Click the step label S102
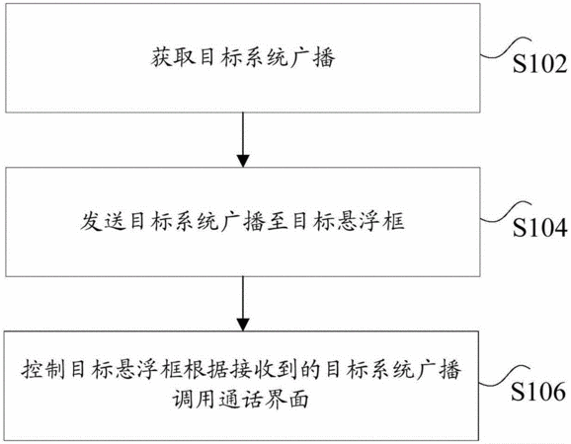[539, 63]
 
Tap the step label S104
[539, 228]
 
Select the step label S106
[538, 392]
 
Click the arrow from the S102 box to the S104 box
[243, 140]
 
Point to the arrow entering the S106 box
[243, 304]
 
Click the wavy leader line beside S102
[506, 49]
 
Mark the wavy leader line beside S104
[506, 213]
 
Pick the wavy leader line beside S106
[505, 376]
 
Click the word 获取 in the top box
[173, 57]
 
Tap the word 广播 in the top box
[312, 57]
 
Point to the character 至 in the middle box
[278, 221]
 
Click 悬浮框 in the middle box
[370, 221]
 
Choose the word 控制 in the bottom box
[43, 369]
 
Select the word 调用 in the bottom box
[195, 399]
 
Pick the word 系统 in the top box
[266, 57]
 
